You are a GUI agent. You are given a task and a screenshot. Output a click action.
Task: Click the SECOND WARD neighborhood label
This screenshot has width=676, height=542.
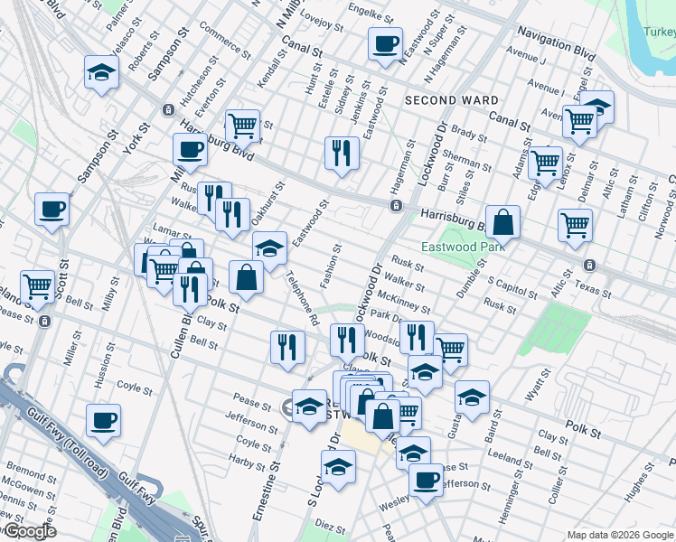pos(451,100)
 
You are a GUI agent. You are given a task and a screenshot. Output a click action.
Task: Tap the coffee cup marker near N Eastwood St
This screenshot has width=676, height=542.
pos(385,44)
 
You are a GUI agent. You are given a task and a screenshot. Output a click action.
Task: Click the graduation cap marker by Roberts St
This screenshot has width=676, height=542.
pos(102,72)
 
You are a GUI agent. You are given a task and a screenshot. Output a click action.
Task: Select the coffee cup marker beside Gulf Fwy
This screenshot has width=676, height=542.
pos(104,421)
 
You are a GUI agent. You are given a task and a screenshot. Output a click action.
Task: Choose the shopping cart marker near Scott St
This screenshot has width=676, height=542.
pos(38,287)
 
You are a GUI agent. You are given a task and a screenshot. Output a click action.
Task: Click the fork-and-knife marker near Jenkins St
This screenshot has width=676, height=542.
pos(342,152)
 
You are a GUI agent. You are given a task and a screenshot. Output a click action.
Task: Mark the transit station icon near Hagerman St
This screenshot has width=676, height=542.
pos(396,206)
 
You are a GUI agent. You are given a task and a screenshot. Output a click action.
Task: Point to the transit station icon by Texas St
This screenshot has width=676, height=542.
pos(589,266)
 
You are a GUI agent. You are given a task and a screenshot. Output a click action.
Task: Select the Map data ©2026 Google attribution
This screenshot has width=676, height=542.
pos(620,535)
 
